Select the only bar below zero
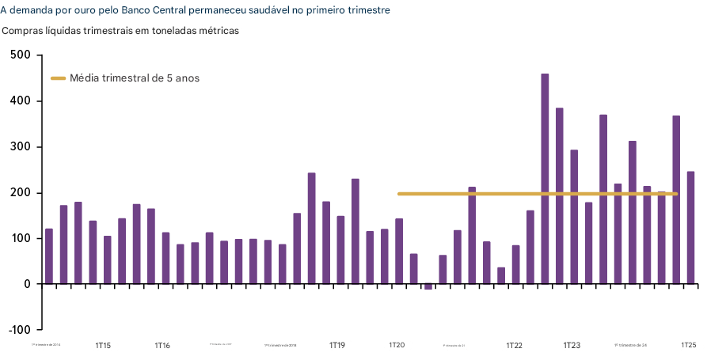point(428,286)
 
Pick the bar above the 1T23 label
point(574,217)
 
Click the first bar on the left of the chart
point(49,256)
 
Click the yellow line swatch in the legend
point(59,78)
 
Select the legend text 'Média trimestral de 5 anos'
point(135,78)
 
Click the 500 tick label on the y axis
point(21,55)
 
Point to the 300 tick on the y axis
point(21,147)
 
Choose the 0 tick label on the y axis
point(26,284)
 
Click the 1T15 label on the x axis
point(103,346)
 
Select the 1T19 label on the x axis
point(337,346)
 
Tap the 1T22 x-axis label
point(515,346)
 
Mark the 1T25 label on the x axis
point(689,346)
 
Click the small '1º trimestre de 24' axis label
point(631,346)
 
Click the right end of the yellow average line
point(676,194)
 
